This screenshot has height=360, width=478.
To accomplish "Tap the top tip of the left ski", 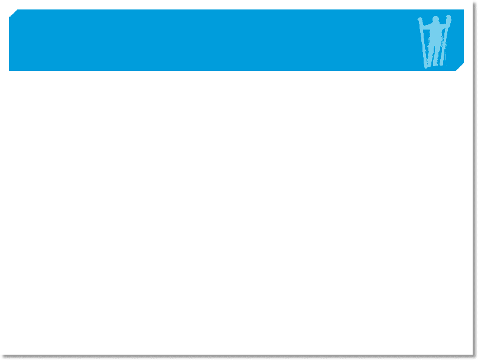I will coord(420,20).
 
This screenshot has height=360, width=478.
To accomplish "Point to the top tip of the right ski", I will coord(448,17).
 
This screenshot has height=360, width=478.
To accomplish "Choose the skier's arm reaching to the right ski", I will coord(444,25).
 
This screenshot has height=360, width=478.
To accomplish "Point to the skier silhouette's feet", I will coord(434,64).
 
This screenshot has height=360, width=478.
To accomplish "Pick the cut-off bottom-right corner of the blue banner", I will coord(460,68).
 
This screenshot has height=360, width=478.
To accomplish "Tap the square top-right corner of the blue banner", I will coord(463,10).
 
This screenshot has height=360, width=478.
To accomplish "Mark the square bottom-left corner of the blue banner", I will coord(9,70).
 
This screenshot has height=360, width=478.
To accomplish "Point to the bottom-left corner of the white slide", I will coord(1,354).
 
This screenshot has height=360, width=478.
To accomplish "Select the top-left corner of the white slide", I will coord(1,1).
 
